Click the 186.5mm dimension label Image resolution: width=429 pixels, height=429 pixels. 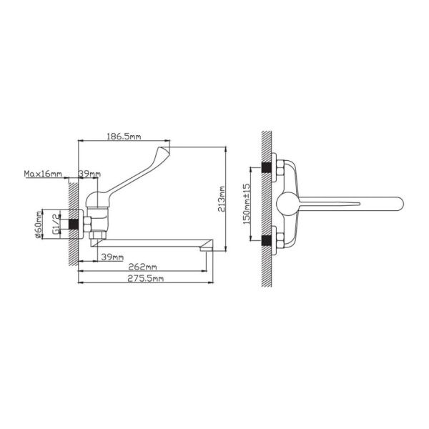[x=124, y=137]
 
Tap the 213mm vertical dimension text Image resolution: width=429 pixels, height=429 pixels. [x=222, y=199]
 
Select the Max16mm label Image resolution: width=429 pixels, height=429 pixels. [x=43, y=174]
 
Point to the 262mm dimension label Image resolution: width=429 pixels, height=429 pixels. [x=142, y=267]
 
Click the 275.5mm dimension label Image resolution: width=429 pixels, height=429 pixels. [x=146, y=279]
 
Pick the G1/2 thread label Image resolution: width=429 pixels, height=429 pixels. [x=56, y=224]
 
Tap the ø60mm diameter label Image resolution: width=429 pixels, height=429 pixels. [x=39, y=225]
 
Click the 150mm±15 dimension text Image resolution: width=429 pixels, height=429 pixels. [x=247, y=204]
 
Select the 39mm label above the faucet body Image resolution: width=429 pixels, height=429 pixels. [x=89, y=174]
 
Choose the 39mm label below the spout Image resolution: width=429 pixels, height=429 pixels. [x=112, y=257]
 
